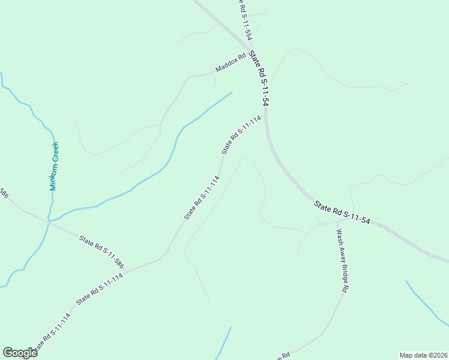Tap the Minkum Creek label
[55, 166]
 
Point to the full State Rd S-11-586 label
[101, 251]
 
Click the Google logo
[20, 353]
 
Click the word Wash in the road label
[339, 234]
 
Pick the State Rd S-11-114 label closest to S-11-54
[241, 134]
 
